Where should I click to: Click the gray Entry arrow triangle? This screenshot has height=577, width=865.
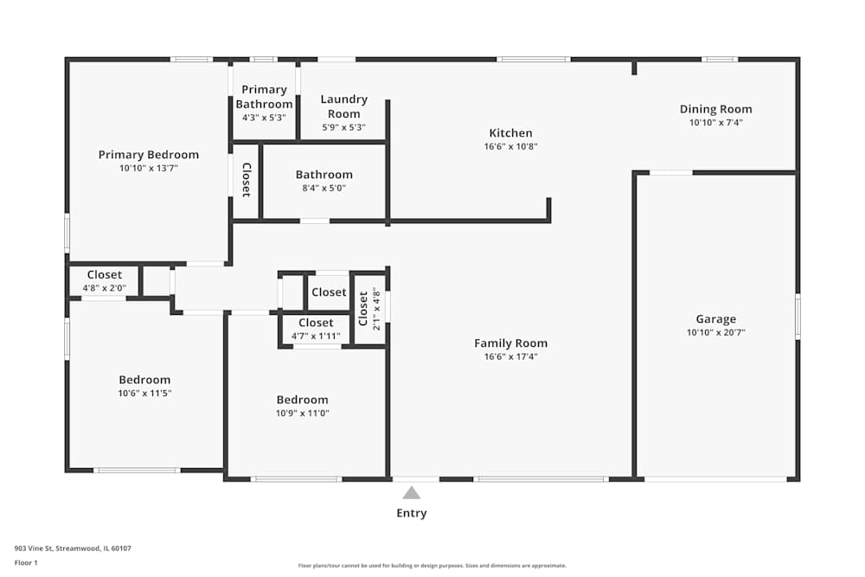412,493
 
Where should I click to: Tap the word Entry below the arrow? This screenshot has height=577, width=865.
412,513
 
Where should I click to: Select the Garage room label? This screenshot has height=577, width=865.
716,319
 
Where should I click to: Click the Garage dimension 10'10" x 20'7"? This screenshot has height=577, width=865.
716,332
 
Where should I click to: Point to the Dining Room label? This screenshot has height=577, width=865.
715,109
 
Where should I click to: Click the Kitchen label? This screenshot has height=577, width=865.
510,133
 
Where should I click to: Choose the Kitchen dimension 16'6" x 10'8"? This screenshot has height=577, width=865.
510,146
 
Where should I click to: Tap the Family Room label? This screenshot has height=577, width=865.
510,343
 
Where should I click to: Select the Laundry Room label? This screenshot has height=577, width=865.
343,106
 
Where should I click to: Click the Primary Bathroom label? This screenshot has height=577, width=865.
264,97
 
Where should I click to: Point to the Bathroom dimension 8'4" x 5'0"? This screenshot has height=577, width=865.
324,188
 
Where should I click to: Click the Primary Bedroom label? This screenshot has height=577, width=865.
148,155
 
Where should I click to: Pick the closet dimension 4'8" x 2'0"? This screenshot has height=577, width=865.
104,288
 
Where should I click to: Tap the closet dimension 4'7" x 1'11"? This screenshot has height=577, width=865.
316,336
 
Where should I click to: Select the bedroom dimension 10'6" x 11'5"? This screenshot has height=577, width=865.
144,393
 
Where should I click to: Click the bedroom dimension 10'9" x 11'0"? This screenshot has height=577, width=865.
302,413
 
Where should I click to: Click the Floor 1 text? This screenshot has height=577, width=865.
26,562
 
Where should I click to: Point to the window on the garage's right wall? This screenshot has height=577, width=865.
798,317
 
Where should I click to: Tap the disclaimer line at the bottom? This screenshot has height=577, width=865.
432,565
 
